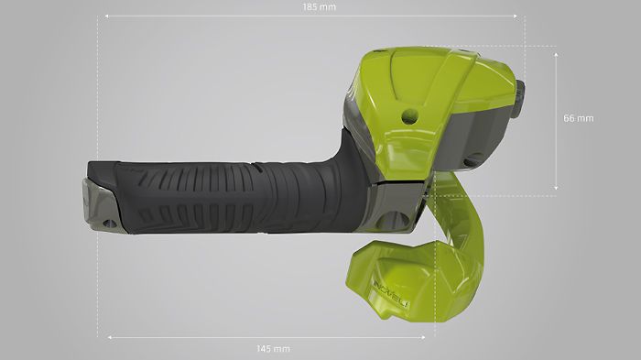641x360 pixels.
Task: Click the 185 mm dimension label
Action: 320,7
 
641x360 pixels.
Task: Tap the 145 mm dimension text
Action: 273,348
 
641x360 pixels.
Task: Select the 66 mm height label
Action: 579,118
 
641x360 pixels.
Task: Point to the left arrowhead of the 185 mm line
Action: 107,16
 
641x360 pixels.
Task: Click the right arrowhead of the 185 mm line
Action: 516,16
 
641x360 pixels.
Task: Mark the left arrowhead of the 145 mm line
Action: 110,337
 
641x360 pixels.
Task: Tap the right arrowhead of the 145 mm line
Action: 423,337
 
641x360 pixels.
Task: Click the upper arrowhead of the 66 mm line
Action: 556,54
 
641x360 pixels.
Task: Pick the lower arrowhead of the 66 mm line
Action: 556,188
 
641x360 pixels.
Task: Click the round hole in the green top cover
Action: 410,116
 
